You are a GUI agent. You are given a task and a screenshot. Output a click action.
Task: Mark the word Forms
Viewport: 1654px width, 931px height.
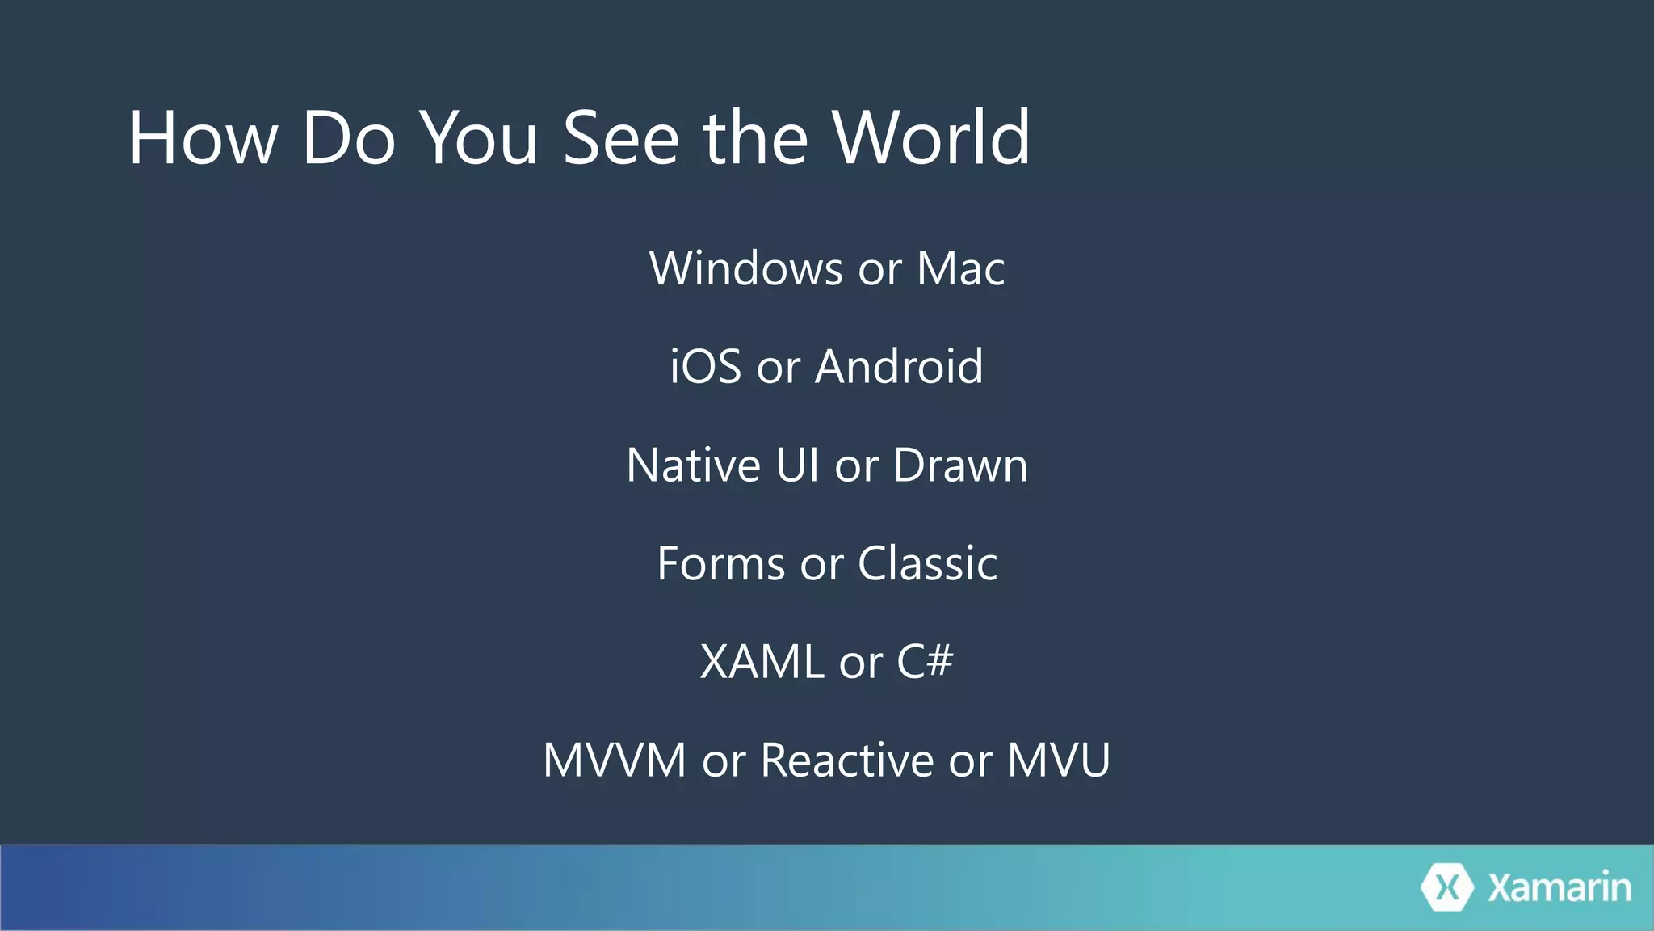pos(720,563)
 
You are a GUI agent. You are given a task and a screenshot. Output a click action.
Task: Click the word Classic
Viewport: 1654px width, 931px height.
pos(927,563)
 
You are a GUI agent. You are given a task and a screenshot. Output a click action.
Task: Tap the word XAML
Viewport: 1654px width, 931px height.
pos(762,662)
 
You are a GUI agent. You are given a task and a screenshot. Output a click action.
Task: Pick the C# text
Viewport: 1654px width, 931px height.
pos(925,662)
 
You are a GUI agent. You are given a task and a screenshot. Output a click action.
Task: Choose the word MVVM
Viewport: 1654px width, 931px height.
pos(614,760)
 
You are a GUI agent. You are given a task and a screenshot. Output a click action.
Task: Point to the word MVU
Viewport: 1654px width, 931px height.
pos(1058,760)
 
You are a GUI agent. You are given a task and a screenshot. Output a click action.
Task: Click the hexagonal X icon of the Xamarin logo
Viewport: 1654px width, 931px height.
pos(1446,887)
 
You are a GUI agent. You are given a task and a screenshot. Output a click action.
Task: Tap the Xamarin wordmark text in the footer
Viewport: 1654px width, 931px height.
pos(1559,887)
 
